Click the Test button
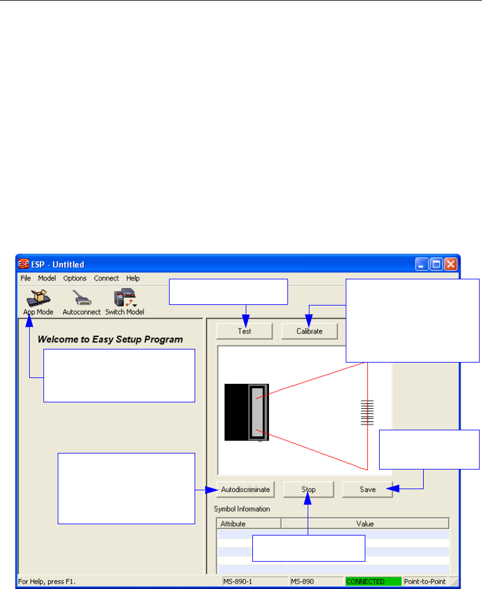(244, 331)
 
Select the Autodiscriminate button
(245, 490)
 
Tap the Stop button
(308, 490)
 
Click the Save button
(367, 490)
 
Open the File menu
(26, 278)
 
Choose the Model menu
(46, 278)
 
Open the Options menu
(75, 278)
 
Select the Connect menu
(107, 278)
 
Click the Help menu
(133, 278)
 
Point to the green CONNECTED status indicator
(373, 581)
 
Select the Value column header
(365, 524)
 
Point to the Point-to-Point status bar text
(425, 581)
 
